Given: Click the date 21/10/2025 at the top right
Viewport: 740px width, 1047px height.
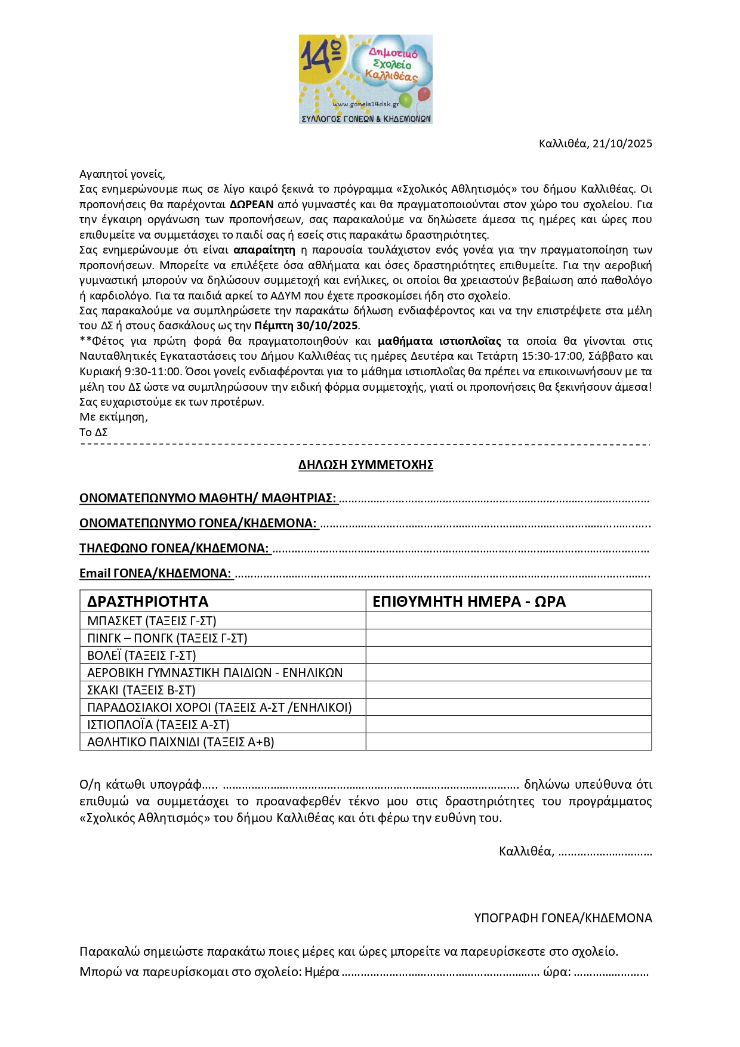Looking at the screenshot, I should pyautogui.click(x=622, y=144).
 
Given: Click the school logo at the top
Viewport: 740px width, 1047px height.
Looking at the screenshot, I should pyautogui.click(x=365, y=79).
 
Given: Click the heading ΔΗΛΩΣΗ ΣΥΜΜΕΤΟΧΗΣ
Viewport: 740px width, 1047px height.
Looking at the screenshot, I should pyautogui.click(x=366, y=465).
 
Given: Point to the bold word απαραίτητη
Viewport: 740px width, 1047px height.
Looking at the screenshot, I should pyautogui.click(x=264, y=250).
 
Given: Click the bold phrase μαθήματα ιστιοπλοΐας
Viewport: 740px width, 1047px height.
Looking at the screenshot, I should pyautogui.click(x=439, y=341).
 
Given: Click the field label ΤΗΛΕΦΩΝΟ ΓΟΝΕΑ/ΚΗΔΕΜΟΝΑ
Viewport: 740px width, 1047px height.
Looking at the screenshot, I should pyautogui.click(x=174, y=548).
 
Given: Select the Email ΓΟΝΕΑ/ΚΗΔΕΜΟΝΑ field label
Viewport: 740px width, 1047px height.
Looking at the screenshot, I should pyautogui.click(x=155, y=573).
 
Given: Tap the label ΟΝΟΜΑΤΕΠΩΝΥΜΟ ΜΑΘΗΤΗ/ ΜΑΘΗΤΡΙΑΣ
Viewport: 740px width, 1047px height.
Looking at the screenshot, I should pyautogui.click(x=208, y=498).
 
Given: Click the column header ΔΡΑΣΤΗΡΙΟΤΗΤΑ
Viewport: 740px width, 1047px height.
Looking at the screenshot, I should pyautogui.click(x=147, y=601).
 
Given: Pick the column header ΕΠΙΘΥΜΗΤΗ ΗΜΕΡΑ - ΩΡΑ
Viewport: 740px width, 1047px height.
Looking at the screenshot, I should pyautogui.click(x=468, y=601).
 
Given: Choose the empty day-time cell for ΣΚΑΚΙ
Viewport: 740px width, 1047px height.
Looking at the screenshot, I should pyautogui.click(x=508, y=690).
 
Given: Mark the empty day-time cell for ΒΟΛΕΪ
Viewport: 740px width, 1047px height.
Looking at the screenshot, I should pyautogui.click(x=508, y=656).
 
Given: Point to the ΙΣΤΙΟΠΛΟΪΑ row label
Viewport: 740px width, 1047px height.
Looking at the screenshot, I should pyautogui.click(x=158, y=725).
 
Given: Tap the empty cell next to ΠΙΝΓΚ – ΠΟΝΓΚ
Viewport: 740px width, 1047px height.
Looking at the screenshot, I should pyautogui.click(x=508, y=638).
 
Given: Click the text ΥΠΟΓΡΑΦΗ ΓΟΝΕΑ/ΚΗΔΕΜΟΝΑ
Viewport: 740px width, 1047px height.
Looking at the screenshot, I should pyautogui.click(x=563, y=918).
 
